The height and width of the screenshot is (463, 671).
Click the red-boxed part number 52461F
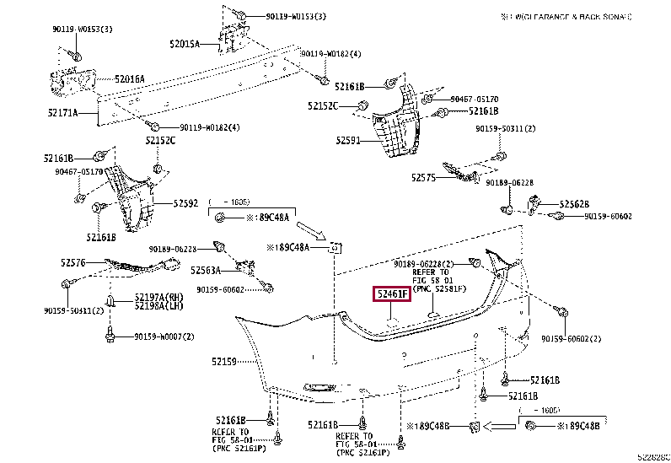[x=391, y=294]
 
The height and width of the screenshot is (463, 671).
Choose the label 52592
[x=185, y=203]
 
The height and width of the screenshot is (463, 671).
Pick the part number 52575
[x=424, y=177]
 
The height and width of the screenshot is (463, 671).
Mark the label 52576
[x=73, y=263]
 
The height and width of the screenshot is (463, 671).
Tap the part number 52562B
[x=574, y=204]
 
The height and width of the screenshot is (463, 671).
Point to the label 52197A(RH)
[x=158, y=297]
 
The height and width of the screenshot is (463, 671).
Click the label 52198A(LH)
[x=158, y=308]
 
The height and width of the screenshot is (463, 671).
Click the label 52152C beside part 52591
[x=322, y=106]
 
